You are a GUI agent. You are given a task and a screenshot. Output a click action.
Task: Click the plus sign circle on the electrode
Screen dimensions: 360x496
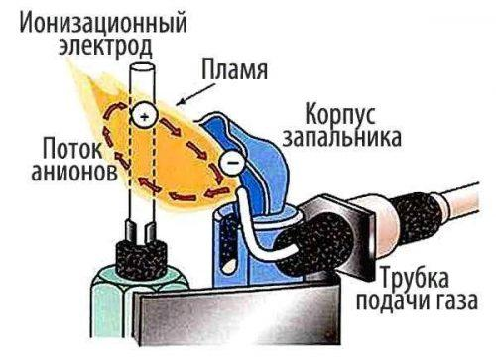143,117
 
